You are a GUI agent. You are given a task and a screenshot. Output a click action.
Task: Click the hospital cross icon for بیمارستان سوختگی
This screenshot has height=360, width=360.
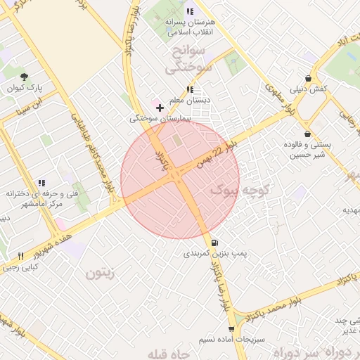click(x=161, y=108)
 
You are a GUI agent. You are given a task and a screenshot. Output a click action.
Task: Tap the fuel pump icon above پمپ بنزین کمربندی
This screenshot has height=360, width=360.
click(x=214, y=242)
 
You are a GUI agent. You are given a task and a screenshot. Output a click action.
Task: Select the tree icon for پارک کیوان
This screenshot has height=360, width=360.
click(x=25, y=77)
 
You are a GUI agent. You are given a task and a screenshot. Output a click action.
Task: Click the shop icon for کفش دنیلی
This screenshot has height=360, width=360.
click(x=308, y=78)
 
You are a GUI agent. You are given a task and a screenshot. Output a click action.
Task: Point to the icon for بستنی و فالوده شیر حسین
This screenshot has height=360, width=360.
click(x=307, y=134)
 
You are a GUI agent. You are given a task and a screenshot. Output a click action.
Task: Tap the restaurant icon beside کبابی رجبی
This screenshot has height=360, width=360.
click(x=20, y=256)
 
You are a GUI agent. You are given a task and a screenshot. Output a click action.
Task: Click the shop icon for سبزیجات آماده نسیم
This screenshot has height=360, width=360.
click(x=231, y=328)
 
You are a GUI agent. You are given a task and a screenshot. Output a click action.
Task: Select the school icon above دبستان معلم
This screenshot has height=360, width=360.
click(x=189, y=89)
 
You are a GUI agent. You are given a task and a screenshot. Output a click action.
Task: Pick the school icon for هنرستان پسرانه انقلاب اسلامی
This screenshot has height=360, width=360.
click(x=189, y=11)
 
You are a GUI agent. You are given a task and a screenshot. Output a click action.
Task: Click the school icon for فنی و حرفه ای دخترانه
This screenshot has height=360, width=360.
click(x=42, y=183)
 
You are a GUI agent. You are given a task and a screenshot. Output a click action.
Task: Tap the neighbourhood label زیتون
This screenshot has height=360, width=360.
click(x=100, y=273)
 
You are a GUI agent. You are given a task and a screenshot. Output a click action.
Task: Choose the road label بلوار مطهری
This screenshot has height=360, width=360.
click(x=278, y=98)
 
